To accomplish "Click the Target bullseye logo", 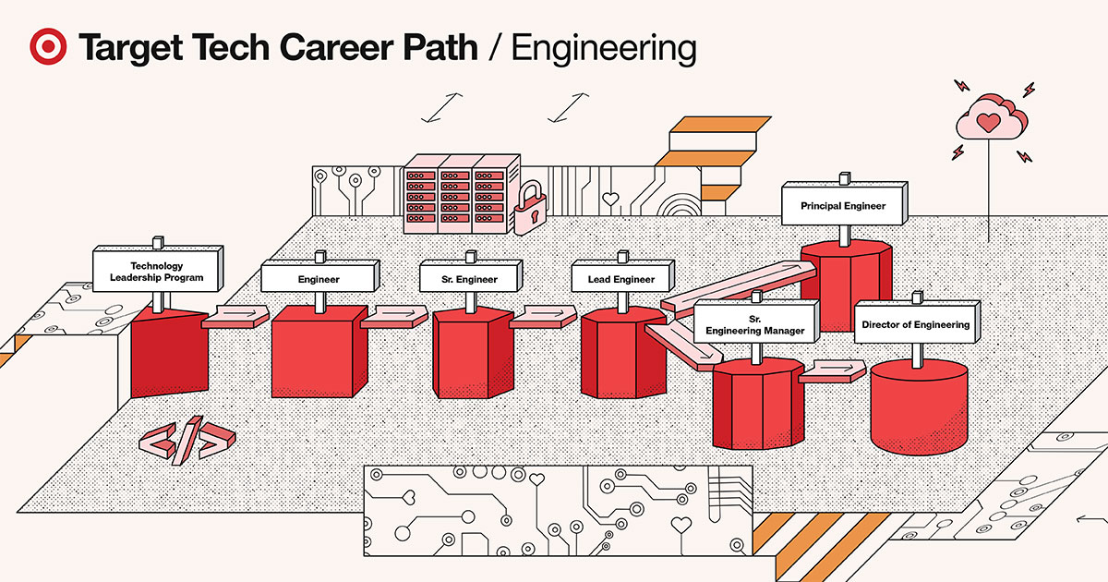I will [48, 47].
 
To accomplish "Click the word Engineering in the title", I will [604, 48].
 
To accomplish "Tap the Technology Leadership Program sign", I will [158, 269].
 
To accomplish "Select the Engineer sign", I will [319, 278].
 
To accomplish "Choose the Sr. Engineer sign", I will [471, 278].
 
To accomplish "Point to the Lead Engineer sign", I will [620, 278].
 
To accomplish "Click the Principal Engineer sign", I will [843, 205].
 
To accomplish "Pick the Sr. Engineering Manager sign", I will [754, 323].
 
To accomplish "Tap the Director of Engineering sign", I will [915, 324].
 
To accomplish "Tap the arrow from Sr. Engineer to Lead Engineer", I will [543, 317].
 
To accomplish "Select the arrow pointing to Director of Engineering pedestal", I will [831, 371].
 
